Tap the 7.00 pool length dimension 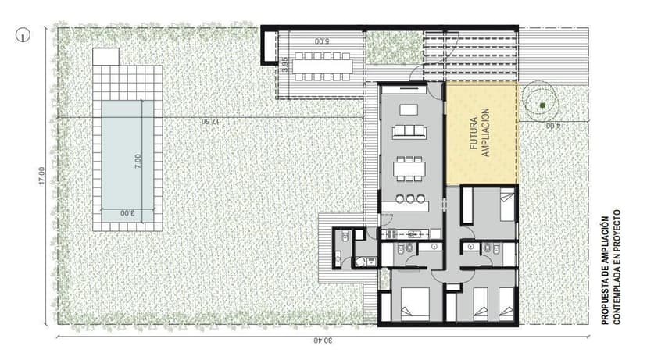coord(138,161)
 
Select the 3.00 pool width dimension coord(127,213)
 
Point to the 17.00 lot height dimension coord(41,176)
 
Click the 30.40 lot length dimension coord(323,340)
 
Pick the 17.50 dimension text coord(210,122)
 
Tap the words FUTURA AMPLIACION coord(480,133)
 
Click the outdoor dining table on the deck coord(322,66)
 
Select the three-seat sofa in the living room coord(409,131)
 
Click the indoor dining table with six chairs coord(409,169)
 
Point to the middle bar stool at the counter coord(409,199)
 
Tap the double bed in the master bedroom coord(415,304)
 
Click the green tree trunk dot coord(542,105)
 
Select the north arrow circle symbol coord(23,35)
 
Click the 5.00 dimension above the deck coord(322,41)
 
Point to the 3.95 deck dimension coord(284,65)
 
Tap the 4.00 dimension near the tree coord(552,126)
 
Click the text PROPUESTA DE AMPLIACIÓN coord(605,270)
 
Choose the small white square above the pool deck coord(105,56)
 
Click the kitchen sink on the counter coord(413,234)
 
